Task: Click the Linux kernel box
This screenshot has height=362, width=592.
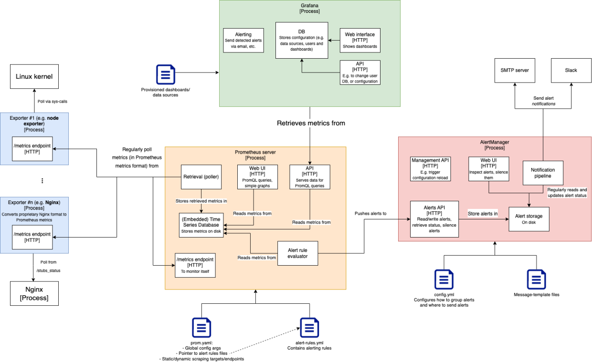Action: pyautogui.click(x=34, y=76)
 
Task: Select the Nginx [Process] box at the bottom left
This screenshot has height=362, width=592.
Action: pyautogui.click(x=34, y=293)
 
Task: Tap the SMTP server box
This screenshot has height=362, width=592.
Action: pyautogui.click(x=515, y=70)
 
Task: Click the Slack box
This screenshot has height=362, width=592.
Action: pyautogui.click(x=571, y=70)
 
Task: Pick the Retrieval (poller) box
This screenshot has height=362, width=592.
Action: pyautogui.click(x=201, y=176)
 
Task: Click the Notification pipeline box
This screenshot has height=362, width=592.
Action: pyautogui.click(x=543, y=173)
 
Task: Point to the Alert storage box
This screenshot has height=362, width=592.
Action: pyautogui.click(x=529, y=219)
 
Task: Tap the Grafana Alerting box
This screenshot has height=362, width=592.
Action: pyautogui.click(x=243, y=40)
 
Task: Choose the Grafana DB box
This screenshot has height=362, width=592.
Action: pyautogui.click(x=302, y=41)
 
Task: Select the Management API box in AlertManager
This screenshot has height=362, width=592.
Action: pyautogui.click(x=431, y=168)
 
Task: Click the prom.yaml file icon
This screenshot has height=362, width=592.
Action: pyautogui.click(x=201, y=328)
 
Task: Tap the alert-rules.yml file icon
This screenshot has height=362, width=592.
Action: pyautogui.click(x=309, y=328)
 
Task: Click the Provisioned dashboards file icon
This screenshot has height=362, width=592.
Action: pyautogui.click(x=166, y=74)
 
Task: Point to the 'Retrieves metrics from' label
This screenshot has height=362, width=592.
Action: pyautogui.click(x=311, y=123)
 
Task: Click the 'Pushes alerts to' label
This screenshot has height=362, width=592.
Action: pyautogui.click(x=370, y=213)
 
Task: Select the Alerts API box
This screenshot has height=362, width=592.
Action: pyautogui.click(x=434, y=219)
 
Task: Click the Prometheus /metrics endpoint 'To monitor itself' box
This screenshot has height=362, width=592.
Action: pyautogui.click(x=195, y=265)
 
